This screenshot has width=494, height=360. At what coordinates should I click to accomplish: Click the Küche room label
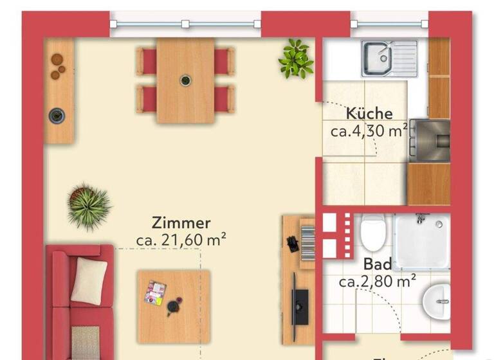click(369, 114)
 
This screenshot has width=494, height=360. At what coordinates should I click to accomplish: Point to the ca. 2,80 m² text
click(378, 281)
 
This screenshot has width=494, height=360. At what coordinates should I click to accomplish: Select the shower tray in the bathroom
click(422, 240)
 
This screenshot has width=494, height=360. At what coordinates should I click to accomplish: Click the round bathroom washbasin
click(439, 300)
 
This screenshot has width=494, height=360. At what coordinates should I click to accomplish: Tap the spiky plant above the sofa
click(89, 204)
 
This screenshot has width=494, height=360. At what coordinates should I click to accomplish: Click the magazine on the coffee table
click(156, 291)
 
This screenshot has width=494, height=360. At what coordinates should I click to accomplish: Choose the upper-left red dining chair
click(147, 61)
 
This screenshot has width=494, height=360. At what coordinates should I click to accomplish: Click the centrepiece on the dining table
click(185, 80)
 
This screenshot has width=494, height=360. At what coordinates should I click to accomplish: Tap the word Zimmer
click(181, 223)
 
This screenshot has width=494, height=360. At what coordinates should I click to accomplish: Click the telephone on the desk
click(292, 244)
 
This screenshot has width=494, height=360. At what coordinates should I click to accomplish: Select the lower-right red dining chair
click(224, 99)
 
